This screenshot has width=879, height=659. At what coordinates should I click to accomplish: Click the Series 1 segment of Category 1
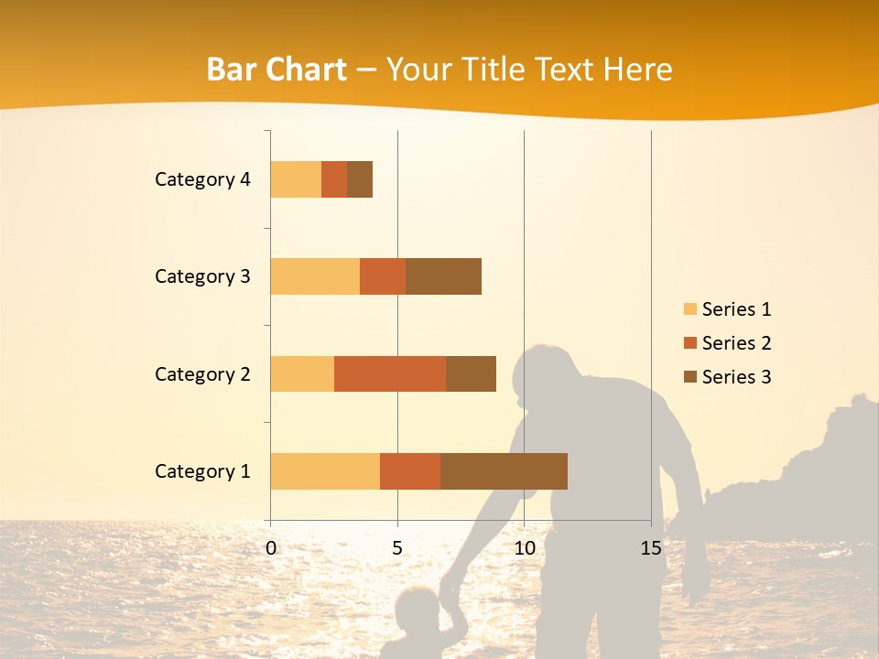pos(325,471)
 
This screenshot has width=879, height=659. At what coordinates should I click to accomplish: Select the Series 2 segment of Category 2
pos(390,373)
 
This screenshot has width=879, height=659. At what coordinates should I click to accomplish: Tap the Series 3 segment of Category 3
pos(443,276)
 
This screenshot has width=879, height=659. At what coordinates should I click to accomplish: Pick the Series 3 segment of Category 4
pos(360,179)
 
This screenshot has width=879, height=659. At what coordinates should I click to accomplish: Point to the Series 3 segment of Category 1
pos(504,471)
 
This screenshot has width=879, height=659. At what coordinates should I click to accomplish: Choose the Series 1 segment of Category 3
pos(315,276)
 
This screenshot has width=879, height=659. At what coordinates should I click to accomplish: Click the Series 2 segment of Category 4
pos(334,179)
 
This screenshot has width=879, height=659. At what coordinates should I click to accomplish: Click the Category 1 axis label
pos(202,471)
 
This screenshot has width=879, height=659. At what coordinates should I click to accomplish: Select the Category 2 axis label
pos(202,373)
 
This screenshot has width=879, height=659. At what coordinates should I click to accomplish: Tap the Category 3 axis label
pos(202,276)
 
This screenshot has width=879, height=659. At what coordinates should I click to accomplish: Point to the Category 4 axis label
pos(202,179)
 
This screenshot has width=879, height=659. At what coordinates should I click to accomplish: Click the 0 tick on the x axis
pos(271,549)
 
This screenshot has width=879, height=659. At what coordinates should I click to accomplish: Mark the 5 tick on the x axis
pos(397,549)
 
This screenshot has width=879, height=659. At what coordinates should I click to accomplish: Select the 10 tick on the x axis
pos(524,549)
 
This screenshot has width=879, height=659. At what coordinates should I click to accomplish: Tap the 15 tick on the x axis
pos(651,549)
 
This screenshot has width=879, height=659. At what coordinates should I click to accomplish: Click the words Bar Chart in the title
pos(277,70)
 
